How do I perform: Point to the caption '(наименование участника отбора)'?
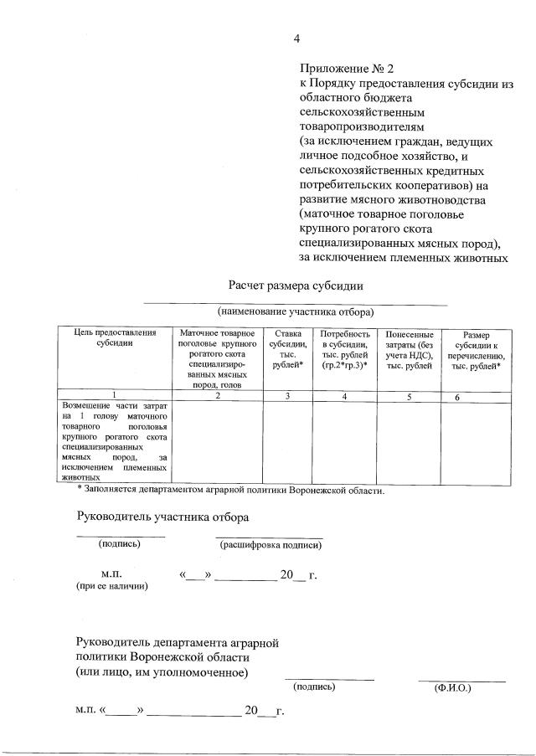(296, 311)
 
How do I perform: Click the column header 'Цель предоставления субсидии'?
(114, 338)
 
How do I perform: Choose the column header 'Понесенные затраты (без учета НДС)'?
(409, 349)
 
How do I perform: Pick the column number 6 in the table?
(457, 397)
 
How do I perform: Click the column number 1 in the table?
(114, 396)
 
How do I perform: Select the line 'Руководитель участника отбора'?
(162, 517)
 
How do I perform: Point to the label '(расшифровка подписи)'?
(271, 545)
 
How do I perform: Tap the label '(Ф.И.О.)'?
(452, 688)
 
